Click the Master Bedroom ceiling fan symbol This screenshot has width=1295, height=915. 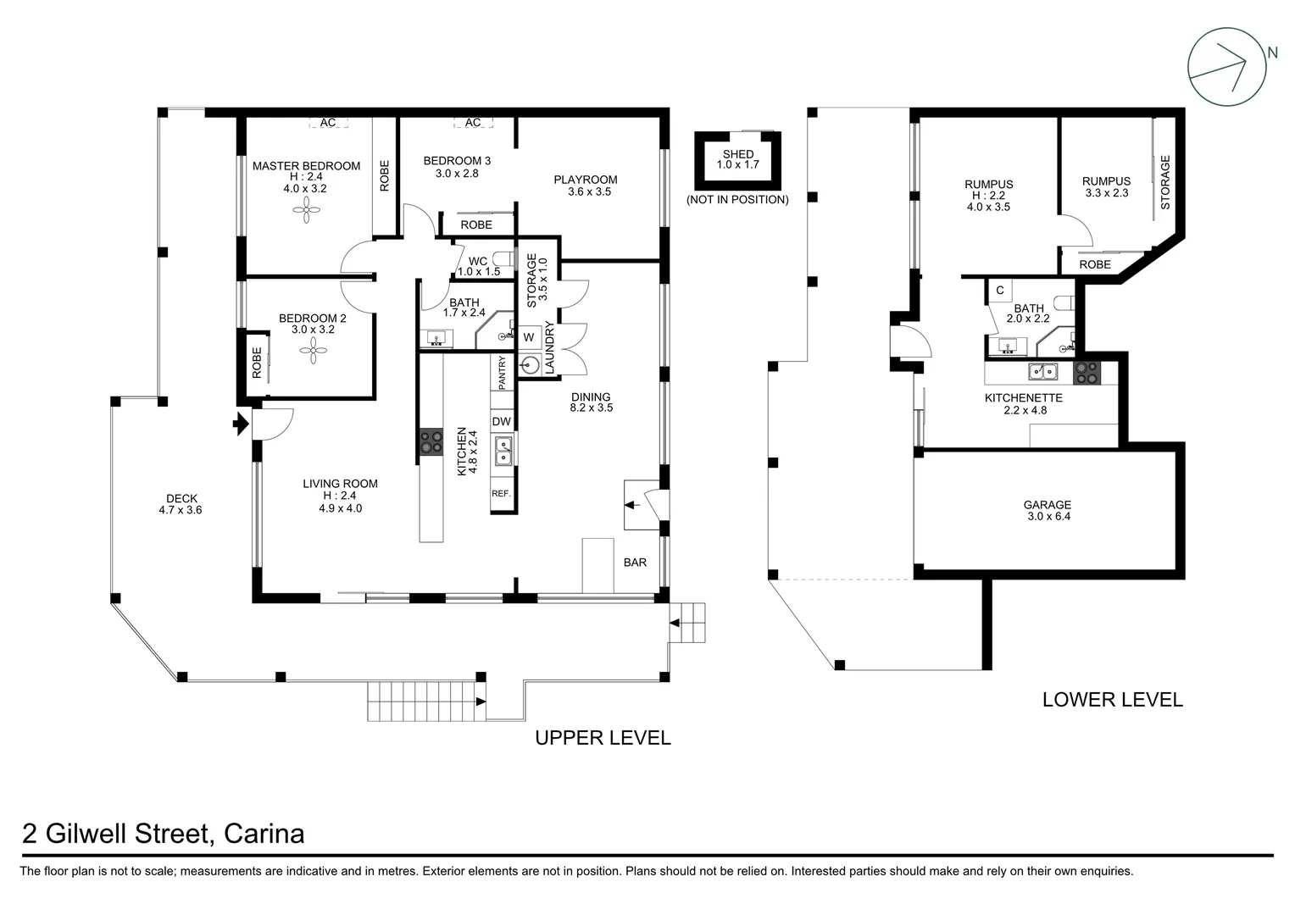point(304,213)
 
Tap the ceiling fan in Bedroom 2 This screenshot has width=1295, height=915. point(313,352)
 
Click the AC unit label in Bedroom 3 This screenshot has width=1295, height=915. point(473,123)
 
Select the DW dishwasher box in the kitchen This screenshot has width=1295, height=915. point(502,421)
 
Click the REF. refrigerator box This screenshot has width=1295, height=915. point(502,494)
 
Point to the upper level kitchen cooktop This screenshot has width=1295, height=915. point(431,442)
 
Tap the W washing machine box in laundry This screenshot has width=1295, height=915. point(529,337)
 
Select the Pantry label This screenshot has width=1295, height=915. point(503,373)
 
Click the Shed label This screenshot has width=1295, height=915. point(738,154)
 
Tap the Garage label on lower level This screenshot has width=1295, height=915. point(1047,505)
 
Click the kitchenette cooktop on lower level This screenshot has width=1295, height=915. point(1086,373)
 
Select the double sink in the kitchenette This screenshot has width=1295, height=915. point(1042,372)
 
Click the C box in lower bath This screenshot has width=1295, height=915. point(1000,291)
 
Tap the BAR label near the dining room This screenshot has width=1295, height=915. point(635,563)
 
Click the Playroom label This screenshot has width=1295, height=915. point(586,180)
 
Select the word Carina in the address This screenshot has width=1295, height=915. point(264,835)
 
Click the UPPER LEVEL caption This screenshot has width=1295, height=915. point(603,738)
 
